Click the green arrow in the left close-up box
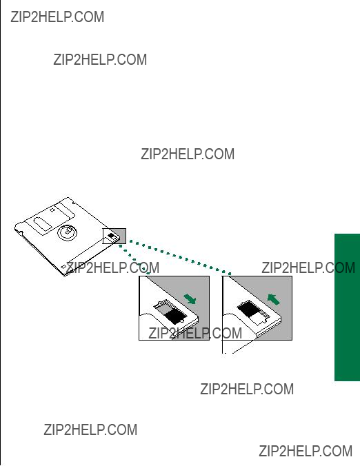click(x=190, y=299)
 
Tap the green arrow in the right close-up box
click(x=274, y=299)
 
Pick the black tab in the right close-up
click(x=248, y=309)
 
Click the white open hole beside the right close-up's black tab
click(x=257, y=318)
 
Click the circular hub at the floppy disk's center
click(x=67, y=232)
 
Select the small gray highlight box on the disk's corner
click(x=114, y=236)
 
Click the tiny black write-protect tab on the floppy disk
click(x=112, y=236)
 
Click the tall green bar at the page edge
click(x=347, y=307)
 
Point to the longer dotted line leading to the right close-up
click(x=179, y=257)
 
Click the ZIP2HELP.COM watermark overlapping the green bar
click(x=308, y=267)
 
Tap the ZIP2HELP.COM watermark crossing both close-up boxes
click(x=195, y=333)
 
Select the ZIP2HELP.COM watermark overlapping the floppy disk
click(x=112, y=267)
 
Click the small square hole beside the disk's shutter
click(x=52, y=210)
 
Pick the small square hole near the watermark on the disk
click(x=63, y=267)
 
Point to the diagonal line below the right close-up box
click(x=243, y=347)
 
